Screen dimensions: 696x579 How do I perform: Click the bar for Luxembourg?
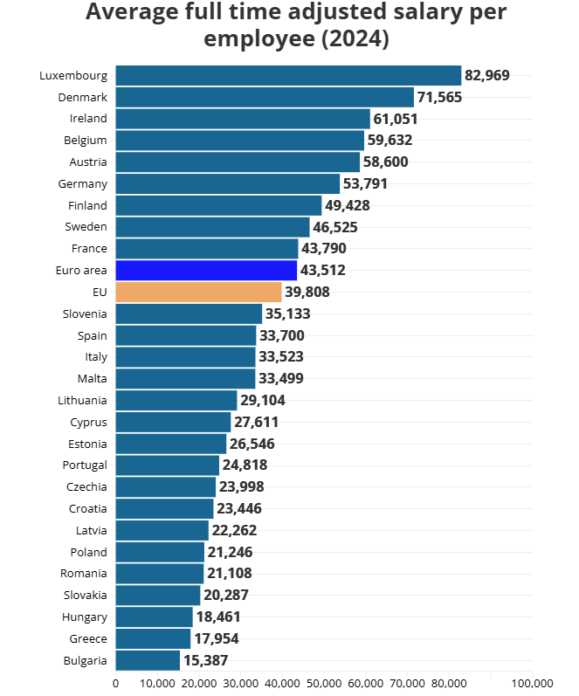[288, 75]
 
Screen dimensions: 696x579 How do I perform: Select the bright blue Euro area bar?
[206, 270]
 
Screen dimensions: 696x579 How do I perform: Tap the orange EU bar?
[198, 292]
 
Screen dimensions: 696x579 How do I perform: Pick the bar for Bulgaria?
[148, 660]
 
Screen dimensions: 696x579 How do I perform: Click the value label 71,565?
[439, 97]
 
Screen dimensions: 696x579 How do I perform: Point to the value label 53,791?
[365, 183]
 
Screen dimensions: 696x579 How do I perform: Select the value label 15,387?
[205, 660]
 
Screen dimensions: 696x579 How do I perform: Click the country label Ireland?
[88, 118]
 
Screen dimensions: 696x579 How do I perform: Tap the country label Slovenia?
[85, 314]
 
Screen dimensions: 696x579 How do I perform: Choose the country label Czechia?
[86, 486]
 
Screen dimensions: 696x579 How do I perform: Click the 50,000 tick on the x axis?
[324, 683]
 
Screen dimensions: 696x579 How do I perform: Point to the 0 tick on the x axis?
[116, 683]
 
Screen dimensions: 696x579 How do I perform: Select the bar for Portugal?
[168, 465]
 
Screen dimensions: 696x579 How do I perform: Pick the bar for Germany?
[227, 183]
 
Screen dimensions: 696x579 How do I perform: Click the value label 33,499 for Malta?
[281, 378]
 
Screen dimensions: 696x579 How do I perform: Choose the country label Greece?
[88, 638]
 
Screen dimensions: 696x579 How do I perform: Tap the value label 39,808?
[307, 292]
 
